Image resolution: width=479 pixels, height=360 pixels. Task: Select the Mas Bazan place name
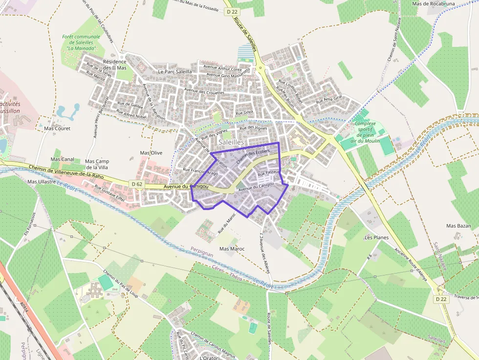coord(458,226)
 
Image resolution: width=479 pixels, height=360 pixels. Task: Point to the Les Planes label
coord(376,237)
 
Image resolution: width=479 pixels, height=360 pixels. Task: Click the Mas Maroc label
coord(232,249)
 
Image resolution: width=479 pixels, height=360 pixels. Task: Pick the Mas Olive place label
coord(151,153)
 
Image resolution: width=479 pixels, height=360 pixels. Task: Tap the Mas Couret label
coord(57,128)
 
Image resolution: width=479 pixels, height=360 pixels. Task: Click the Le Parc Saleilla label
coord(175,71)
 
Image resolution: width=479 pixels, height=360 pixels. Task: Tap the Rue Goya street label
coord(244,113)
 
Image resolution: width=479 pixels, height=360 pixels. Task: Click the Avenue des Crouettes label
coord(204,92)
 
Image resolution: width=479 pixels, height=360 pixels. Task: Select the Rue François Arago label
coord(200,171)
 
